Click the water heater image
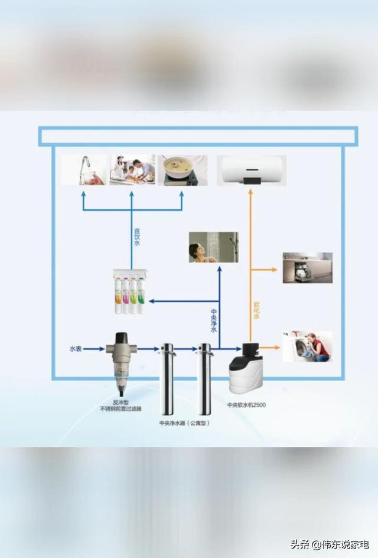point(252,170)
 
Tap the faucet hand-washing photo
point(84,170)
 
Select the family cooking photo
point(132,170)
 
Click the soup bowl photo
point(182,170)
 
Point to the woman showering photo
point(213,247)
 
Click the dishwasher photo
point(307,268)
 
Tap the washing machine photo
point(307,346)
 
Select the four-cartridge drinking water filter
point(130,291)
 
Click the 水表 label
point(76,349)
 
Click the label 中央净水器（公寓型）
point(185,423)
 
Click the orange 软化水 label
point(257,312)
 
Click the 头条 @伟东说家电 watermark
point(329,544)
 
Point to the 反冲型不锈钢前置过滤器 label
point(120,405)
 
